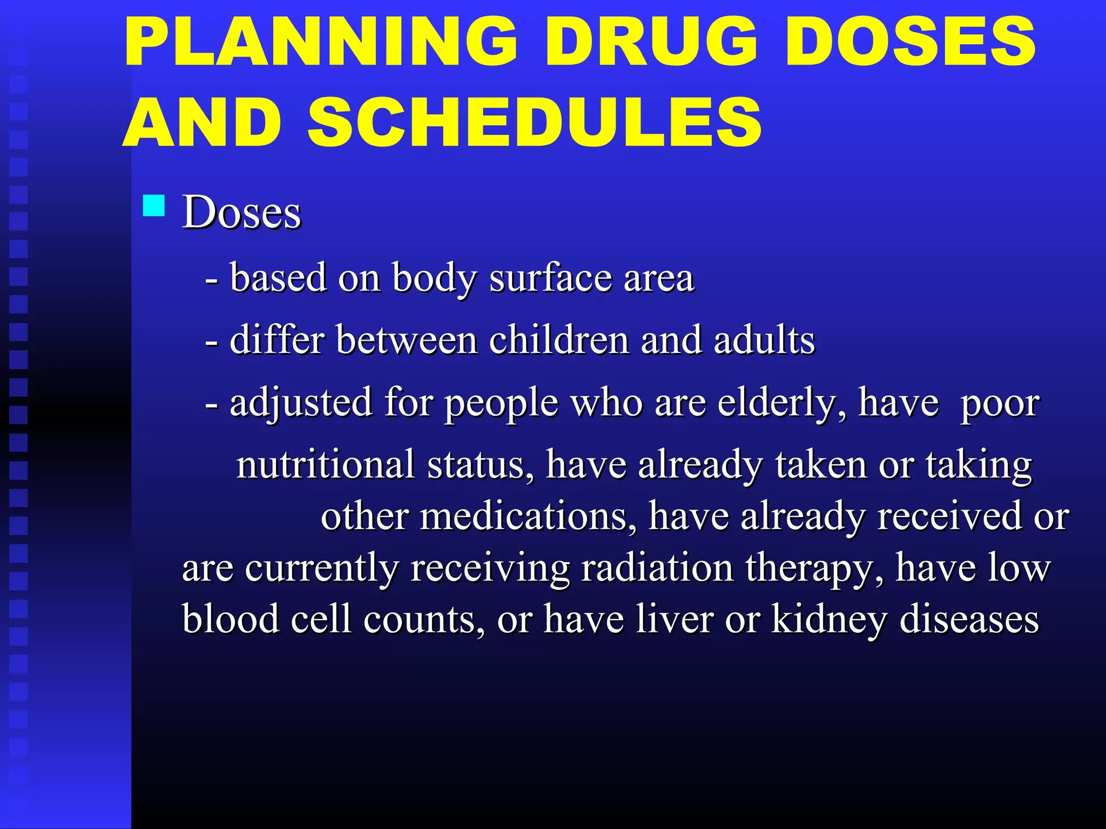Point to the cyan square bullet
tap(154, 206)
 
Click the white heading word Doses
tap(241, 212)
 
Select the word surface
tap(550, 278)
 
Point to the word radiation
tap(657, 568)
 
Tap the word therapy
tap(814, 569)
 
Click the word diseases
tap(969, 619)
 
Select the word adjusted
tap(301, 403)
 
